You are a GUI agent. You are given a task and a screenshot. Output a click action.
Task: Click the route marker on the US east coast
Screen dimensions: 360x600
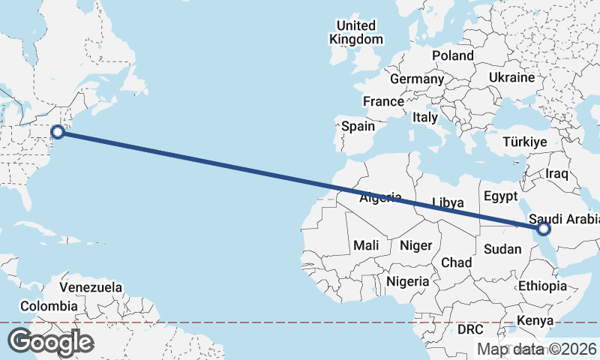(x=58, y=133)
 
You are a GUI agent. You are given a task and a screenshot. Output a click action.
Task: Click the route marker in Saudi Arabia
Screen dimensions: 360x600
(x=544, y=229)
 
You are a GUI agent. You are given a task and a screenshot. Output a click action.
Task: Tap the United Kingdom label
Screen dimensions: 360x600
(x=358, y=32)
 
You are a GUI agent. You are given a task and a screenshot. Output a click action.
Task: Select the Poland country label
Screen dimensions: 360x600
(x=453, y=55)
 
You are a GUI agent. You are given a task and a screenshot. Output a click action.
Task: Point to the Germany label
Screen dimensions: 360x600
(x=417, y=79)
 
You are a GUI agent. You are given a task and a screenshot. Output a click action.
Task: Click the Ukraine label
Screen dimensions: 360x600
(x=511, y=77)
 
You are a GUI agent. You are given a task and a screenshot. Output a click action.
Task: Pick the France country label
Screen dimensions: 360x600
(x=383, y=101)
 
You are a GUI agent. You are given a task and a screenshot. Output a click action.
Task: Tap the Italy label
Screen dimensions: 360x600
(x=424, y=118)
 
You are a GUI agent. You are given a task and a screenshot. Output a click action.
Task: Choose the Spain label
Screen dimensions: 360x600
(x=358, y=126)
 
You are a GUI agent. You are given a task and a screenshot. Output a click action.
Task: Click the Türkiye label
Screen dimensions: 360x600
(x=525, y=142)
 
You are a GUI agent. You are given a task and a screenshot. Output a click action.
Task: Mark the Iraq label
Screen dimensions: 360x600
(x=558, y=173)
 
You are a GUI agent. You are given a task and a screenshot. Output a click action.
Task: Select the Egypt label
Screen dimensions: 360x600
(x=500, y=196)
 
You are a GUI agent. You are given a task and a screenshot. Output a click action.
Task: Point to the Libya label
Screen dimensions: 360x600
(x=448, y=202)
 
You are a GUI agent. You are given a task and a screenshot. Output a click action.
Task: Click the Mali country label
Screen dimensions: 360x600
(x=367, y=245)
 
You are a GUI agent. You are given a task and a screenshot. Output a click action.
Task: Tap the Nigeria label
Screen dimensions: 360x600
(x=408, y=281)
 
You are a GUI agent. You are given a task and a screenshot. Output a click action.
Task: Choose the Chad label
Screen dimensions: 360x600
(x=456, y=262)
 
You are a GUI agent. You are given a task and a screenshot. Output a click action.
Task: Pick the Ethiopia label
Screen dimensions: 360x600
(x=542, y=286)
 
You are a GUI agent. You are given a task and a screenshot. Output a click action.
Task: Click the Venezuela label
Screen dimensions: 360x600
(x=91, y=287)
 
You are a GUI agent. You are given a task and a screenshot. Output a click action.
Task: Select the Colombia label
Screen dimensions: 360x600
(x=49, y=306)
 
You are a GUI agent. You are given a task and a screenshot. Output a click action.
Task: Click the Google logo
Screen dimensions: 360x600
(x=50, y=342)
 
